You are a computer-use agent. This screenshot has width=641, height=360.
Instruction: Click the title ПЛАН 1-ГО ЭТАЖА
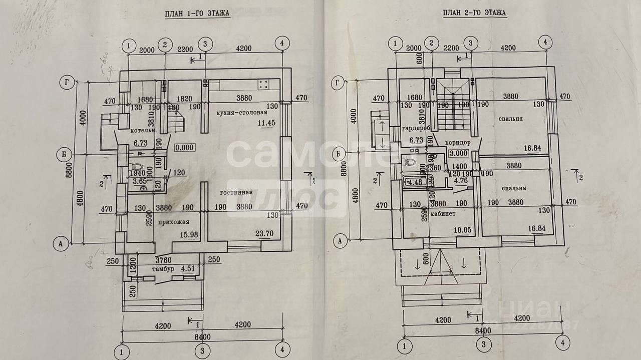coord(198,14)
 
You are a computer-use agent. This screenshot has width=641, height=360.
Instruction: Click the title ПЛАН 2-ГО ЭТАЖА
coord(474,13)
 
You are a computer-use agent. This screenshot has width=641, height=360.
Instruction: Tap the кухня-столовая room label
coord(238,114)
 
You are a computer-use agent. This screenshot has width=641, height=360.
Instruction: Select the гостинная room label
coord(235,192)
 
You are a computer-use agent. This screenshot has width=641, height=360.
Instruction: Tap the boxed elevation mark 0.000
coord(184,148)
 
